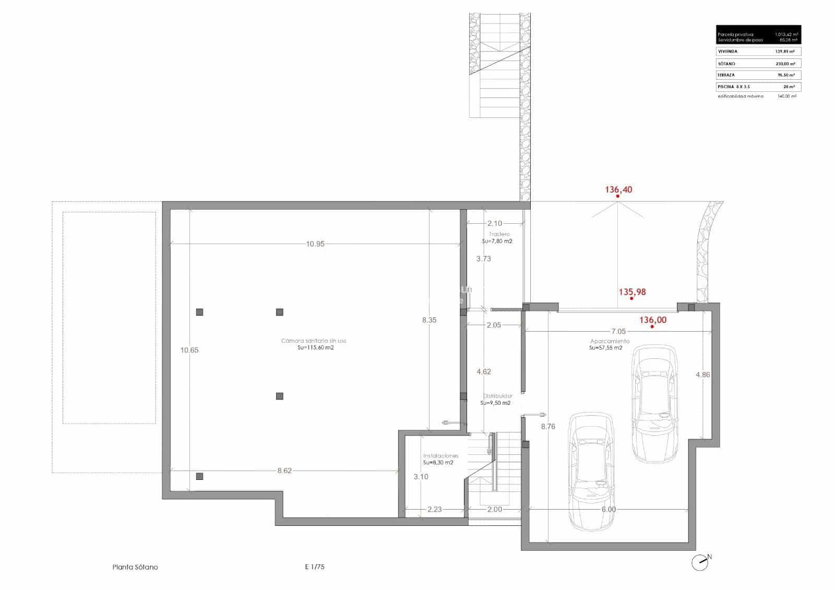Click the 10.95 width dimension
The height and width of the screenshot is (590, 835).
(x=316, y=244)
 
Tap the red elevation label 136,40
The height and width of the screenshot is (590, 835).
(x=618, y=190)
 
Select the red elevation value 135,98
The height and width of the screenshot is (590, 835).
(x=632, y=292)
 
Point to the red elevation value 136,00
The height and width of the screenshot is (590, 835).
(x=653, y=320)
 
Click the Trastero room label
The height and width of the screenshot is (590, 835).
(x=499, y=234)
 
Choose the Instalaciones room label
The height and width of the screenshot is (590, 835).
(x=440, y=455)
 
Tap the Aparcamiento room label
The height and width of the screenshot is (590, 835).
(x=609, y=341)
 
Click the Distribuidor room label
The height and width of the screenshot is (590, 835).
(x=497, y=396)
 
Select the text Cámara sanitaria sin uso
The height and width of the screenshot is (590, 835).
(x=313, y=341)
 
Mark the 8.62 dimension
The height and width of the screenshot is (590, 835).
(x=284, y=471)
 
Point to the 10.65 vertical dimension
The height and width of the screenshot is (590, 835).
(x=189, y=350)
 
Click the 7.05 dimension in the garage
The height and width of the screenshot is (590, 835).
(x=618, y=331)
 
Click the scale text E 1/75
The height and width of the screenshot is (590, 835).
(x=315, y=567)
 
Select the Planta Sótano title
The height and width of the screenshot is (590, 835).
(x=135, y=567)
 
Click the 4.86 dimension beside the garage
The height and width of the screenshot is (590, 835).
(x=702, y=375)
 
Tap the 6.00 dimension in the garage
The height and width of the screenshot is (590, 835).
(x=609, y=509)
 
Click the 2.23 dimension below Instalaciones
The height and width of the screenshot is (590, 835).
(x=434, y=509)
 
